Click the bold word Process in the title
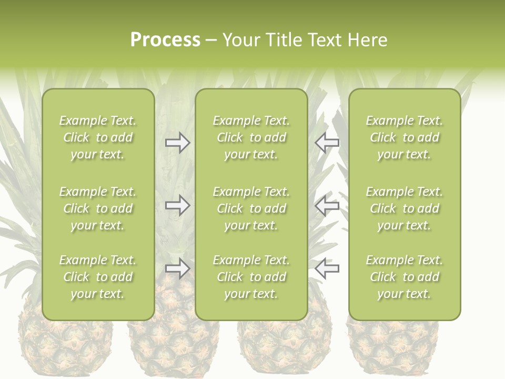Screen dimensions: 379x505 pos(165,40)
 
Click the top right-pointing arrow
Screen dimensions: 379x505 pos(178,143)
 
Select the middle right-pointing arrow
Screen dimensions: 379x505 pos(178,205)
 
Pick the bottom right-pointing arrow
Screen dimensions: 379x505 pos(178,268)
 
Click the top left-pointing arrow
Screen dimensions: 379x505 pos(327,143)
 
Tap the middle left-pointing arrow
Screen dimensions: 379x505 pos(327,205)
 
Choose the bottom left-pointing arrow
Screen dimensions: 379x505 pos(327,268)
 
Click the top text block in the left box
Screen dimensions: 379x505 pos(98,137)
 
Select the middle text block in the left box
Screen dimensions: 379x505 pos(98,208)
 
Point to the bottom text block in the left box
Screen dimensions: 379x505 pos(98,277)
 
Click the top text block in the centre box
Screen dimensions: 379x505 pos(251,137)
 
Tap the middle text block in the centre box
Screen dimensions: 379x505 pos(251,208)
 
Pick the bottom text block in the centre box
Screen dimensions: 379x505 pos(251,277)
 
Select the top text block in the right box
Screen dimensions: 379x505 pos(405,137)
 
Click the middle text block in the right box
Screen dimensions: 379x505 pos(405,208)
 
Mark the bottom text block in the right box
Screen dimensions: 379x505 pos(405,277)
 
